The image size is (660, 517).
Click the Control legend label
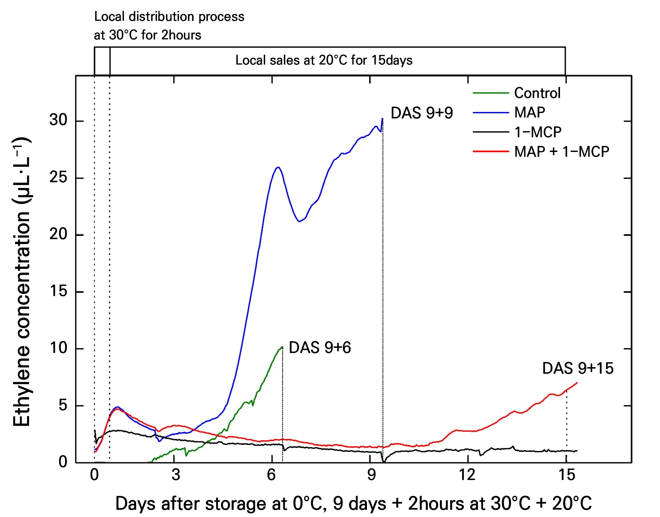point(537,93)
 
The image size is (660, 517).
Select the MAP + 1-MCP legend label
point(562,152)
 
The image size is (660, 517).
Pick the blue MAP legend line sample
point(491,113)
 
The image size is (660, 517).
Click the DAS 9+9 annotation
point(422,113)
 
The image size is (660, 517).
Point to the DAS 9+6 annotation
point(320,347)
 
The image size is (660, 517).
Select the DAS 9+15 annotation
point(578,368)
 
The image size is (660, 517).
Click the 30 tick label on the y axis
point(58,120)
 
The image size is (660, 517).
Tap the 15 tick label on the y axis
point(58,291)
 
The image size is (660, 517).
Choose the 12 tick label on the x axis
point(467,475)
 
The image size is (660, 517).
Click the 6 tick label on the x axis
point(271,475)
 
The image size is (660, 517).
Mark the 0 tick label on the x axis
point(94,475)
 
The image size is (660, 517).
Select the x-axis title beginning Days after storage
point(353,503)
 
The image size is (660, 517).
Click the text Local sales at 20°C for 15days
point(324,60)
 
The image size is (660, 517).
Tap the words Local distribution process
point(169,17)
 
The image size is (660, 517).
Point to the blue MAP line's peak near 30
point(382,119)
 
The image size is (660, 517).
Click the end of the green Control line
point(282,347)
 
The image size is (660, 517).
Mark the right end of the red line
point(577,383)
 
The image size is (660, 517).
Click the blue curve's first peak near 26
point(278,167)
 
